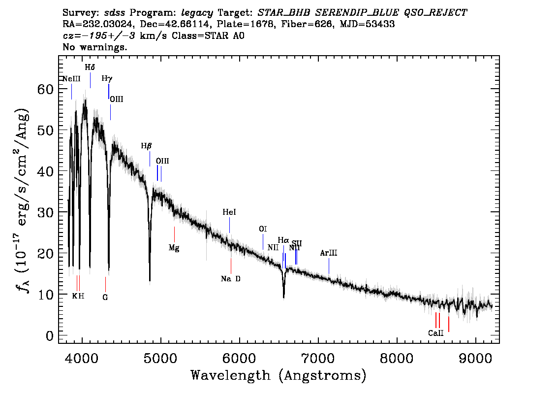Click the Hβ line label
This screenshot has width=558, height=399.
(x=146, y=146)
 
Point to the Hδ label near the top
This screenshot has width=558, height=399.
(x=90, y=67)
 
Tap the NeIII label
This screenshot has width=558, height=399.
(x=71, y=79)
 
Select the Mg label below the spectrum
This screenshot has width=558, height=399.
(x=174, y=248)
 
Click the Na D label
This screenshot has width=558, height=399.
(x=230, y=279)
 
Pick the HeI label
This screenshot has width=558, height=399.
(x=229, y=212)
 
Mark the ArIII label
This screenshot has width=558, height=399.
(x=329, y=253)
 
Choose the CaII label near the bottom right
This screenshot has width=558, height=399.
(x=436, y=333)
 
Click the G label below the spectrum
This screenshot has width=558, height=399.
(x=105, y=297)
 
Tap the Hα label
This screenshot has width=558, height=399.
(x=283, y=240)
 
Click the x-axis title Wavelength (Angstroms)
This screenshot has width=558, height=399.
(x=279, y=375)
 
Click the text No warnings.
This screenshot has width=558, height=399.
(x=95, y=47)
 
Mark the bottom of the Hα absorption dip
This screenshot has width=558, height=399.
(x=283, y=297)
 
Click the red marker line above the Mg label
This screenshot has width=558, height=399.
(x=174, y=234)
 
